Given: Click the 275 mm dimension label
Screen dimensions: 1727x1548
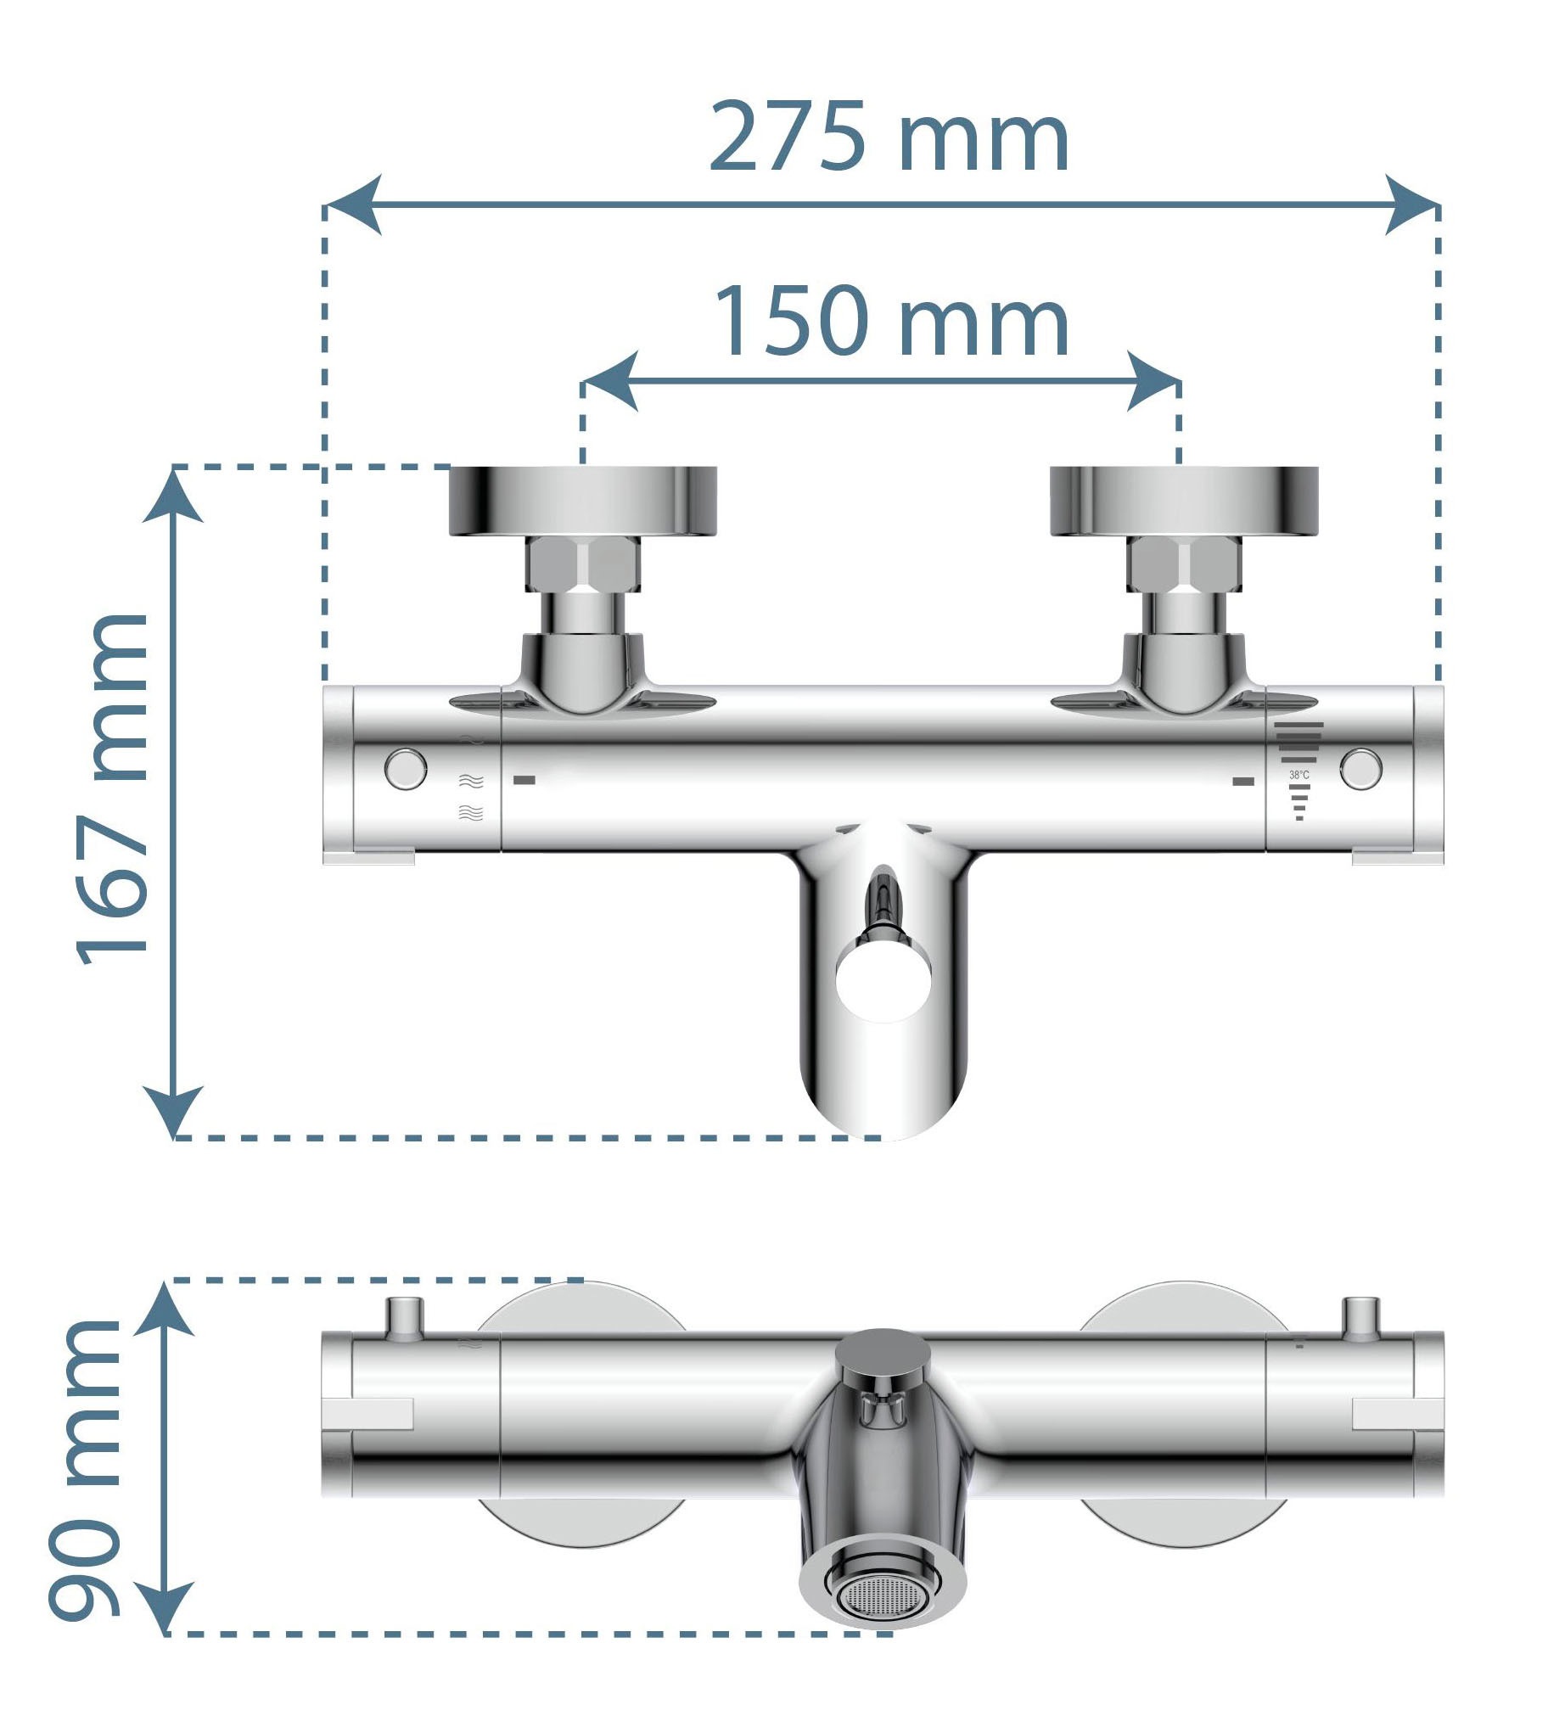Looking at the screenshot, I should (x=889, y=136).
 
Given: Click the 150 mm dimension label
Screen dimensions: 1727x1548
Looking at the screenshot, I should (x=890, y=322).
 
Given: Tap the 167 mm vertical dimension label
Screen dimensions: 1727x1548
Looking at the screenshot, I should (x=113, y=790).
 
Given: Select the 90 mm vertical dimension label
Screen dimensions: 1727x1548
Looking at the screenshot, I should (x=85, y=1470).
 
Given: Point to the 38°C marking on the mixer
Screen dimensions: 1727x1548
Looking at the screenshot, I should (x=1298, y=776).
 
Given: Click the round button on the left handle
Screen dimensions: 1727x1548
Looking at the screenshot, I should (x=406, y=769).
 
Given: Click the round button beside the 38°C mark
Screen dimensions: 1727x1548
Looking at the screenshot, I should (x=1361, y=769).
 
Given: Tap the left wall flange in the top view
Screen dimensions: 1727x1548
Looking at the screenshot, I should (x=583, y=501).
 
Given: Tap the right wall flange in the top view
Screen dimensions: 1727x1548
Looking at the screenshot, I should (x=1184, y=501).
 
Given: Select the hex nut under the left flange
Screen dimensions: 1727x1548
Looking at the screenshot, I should (x=583, y=564).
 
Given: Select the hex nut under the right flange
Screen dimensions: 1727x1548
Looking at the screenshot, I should (x=1184, y=564).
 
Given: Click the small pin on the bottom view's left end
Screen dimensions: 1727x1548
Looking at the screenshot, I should (x=405, y=1318).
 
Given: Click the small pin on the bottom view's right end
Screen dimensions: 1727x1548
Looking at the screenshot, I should (x=1361, y=1318).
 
